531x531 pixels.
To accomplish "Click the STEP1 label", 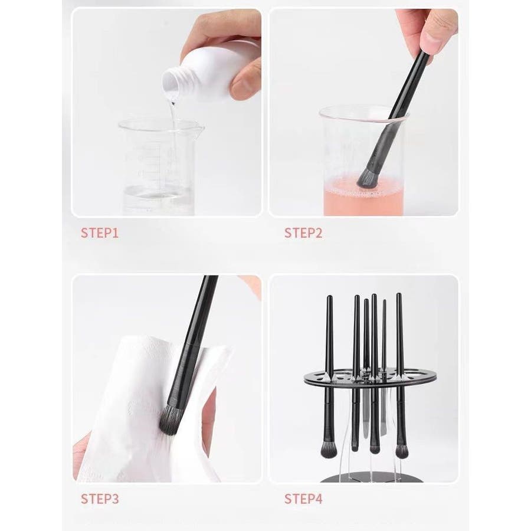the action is click(100, 233).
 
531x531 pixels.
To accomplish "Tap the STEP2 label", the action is click(303, 233).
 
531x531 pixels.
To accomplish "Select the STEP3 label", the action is click(100, 499).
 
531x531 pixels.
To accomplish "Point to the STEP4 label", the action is click(303, 499).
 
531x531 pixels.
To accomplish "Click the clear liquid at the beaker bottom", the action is click(158, 200).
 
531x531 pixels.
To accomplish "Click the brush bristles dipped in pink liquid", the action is click(367, 177).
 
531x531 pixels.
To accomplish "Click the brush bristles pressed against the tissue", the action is click(169, 420).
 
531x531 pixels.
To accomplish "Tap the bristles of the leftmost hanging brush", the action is click(327, 450).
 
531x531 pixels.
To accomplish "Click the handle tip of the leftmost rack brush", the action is click(329, 297).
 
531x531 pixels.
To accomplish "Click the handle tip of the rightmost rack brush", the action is click(399, 294).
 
